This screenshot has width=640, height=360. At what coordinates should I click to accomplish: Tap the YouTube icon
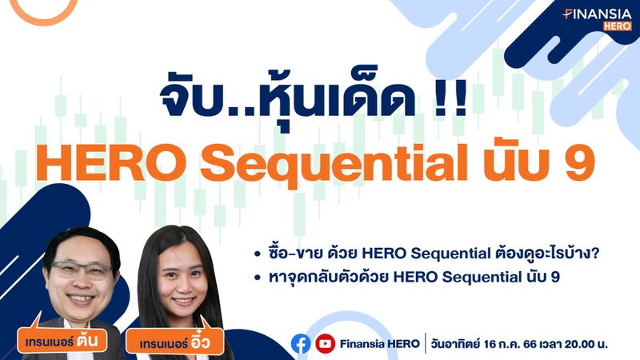[x=325, y=344]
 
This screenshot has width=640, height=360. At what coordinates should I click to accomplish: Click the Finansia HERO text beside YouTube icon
[x=379, y=344]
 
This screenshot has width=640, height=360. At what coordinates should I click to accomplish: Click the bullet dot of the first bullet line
[x=258, y=254]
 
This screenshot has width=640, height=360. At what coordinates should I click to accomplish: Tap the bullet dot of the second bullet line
[x=258, y=279]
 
